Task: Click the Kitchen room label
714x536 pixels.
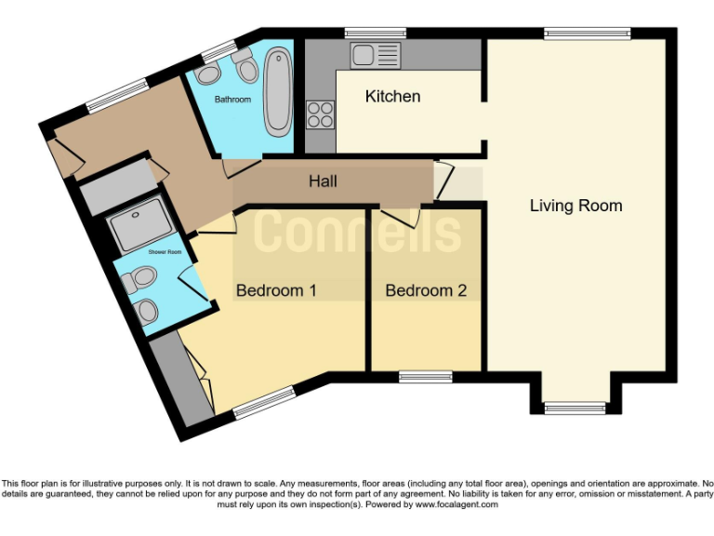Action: click(392, 97)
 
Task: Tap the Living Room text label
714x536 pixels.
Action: click(575, 206)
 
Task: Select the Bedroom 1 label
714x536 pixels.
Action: click(276, 290)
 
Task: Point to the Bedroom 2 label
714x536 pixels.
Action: click(426, 290)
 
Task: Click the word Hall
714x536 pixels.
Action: click(323, 181)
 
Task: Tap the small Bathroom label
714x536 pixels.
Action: click(232, 100)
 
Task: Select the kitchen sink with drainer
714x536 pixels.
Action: click(374, 54)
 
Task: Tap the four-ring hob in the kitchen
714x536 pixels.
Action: click(321, 114)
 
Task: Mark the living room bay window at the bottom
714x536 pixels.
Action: click(575, 407)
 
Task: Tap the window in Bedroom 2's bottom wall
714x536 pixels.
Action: click(425, 377)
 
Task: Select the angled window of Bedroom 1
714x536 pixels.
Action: click(264, 402)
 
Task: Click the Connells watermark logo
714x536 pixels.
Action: click(357, 233)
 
